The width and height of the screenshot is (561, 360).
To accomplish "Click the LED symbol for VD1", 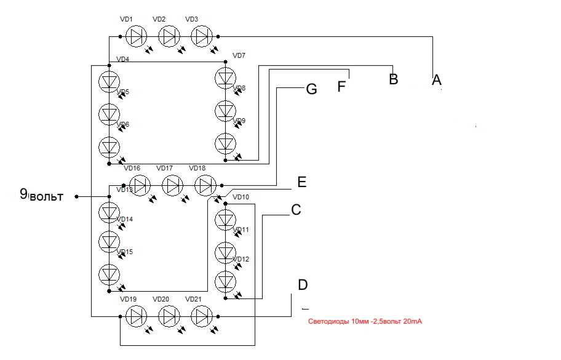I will point(136,36).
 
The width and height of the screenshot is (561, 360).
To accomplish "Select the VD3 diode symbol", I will point(201,36).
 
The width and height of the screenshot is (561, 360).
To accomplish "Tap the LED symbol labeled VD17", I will point(173,185).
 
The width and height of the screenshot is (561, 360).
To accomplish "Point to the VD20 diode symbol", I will point(169,317).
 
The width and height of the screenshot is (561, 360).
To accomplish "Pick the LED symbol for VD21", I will point(201,317).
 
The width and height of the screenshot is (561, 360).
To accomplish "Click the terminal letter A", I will point(437,79).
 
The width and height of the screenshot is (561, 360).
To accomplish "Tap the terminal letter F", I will point(342,85).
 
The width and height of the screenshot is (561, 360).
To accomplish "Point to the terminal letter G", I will point(311,89).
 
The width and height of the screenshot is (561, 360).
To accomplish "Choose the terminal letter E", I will point(301,182).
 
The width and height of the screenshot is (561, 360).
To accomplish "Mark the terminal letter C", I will point(296,210).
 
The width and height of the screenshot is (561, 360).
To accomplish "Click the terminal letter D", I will point(302,285).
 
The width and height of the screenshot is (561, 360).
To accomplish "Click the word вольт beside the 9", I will point(47,197).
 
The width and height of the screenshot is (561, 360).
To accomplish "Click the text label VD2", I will point(159,19).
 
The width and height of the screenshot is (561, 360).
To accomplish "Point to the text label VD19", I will point(128,299).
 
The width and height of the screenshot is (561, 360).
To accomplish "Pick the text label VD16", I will point(132,168).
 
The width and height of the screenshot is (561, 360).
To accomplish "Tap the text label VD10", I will point(242,197).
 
